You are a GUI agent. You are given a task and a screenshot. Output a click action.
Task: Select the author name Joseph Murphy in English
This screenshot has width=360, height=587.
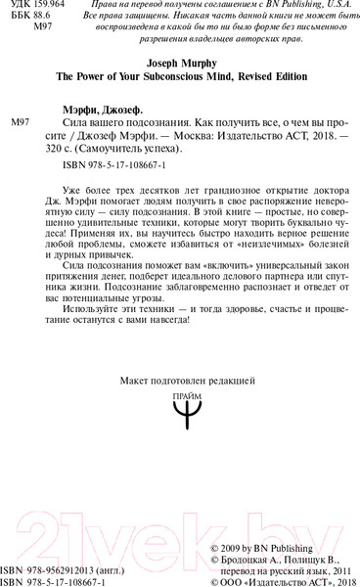point(179,70)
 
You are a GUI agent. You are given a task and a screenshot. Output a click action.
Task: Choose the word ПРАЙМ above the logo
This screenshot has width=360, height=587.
point(180,394)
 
